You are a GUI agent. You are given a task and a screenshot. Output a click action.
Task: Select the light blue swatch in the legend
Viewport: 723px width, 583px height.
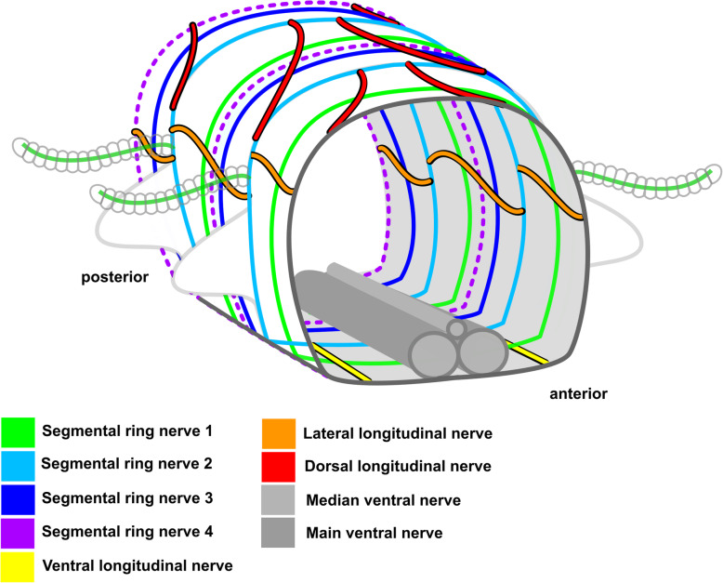[18, 464]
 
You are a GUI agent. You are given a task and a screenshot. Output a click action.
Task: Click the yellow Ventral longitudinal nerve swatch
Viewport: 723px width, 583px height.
[18, 564]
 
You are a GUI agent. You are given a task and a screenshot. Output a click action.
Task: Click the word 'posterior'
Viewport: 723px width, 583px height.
[112, 277]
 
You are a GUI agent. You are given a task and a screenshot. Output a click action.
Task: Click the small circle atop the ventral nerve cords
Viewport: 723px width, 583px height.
[456, 327]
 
